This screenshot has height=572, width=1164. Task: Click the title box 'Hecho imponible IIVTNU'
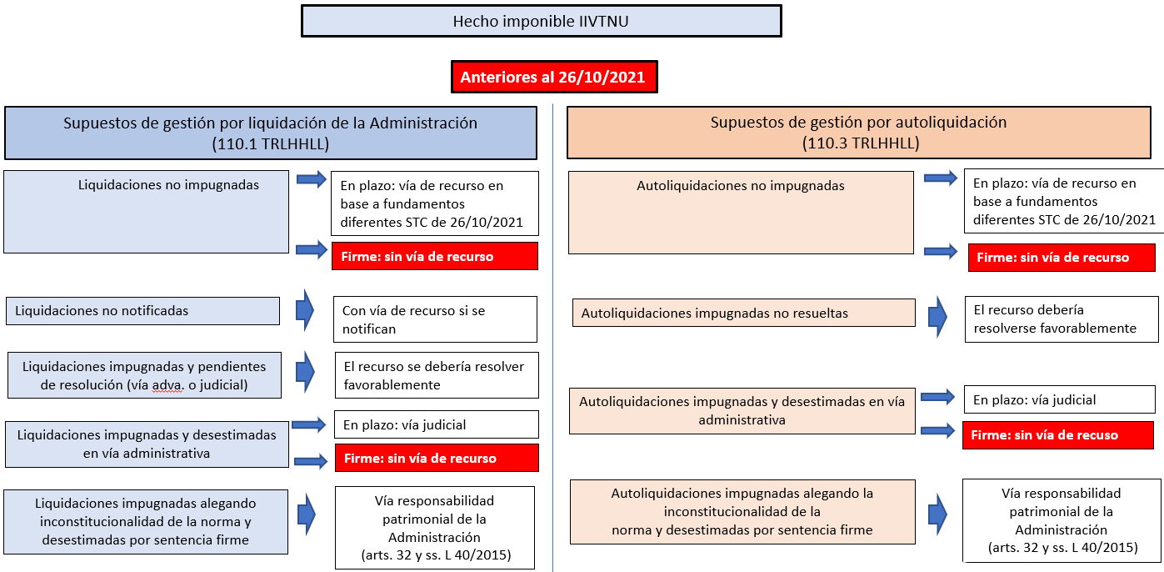(542, 21)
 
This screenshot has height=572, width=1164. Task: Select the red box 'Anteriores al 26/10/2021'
(554, 77)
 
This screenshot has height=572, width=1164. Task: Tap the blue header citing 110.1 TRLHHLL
(271, 133)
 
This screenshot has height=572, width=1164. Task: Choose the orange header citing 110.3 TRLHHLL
(859, 133)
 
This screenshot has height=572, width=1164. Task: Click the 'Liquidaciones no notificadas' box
(143, 311)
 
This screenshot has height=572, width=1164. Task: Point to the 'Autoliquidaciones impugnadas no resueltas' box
(743, 313)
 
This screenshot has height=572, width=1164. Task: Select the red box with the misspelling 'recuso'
(1058, 435)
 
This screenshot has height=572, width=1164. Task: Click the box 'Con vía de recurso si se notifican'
(436, 319)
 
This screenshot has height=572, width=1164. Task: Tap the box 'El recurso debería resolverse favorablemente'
(1062, 319)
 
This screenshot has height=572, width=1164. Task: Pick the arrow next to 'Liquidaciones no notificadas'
(305, 311)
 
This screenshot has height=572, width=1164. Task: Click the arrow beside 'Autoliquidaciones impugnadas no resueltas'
(937, 317)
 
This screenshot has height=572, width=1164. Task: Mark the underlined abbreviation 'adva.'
(167, 385)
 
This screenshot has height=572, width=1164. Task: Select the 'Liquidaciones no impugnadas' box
(146, 212)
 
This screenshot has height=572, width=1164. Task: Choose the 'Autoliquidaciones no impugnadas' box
(741, 213)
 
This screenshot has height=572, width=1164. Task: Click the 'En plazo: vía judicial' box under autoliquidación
(1060, 399)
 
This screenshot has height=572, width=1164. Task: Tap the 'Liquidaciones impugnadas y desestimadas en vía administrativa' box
(147, 444)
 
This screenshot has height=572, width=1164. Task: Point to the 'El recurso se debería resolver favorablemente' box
(437, 375)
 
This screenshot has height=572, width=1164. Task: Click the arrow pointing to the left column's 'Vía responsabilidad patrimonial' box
(307, 514)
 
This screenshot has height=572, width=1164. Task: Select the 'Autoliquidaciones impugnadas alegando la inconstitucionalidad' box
(742, 512)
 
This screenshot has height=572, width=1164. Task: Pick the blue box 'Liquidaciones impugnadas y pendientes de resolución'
(144, 375)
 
